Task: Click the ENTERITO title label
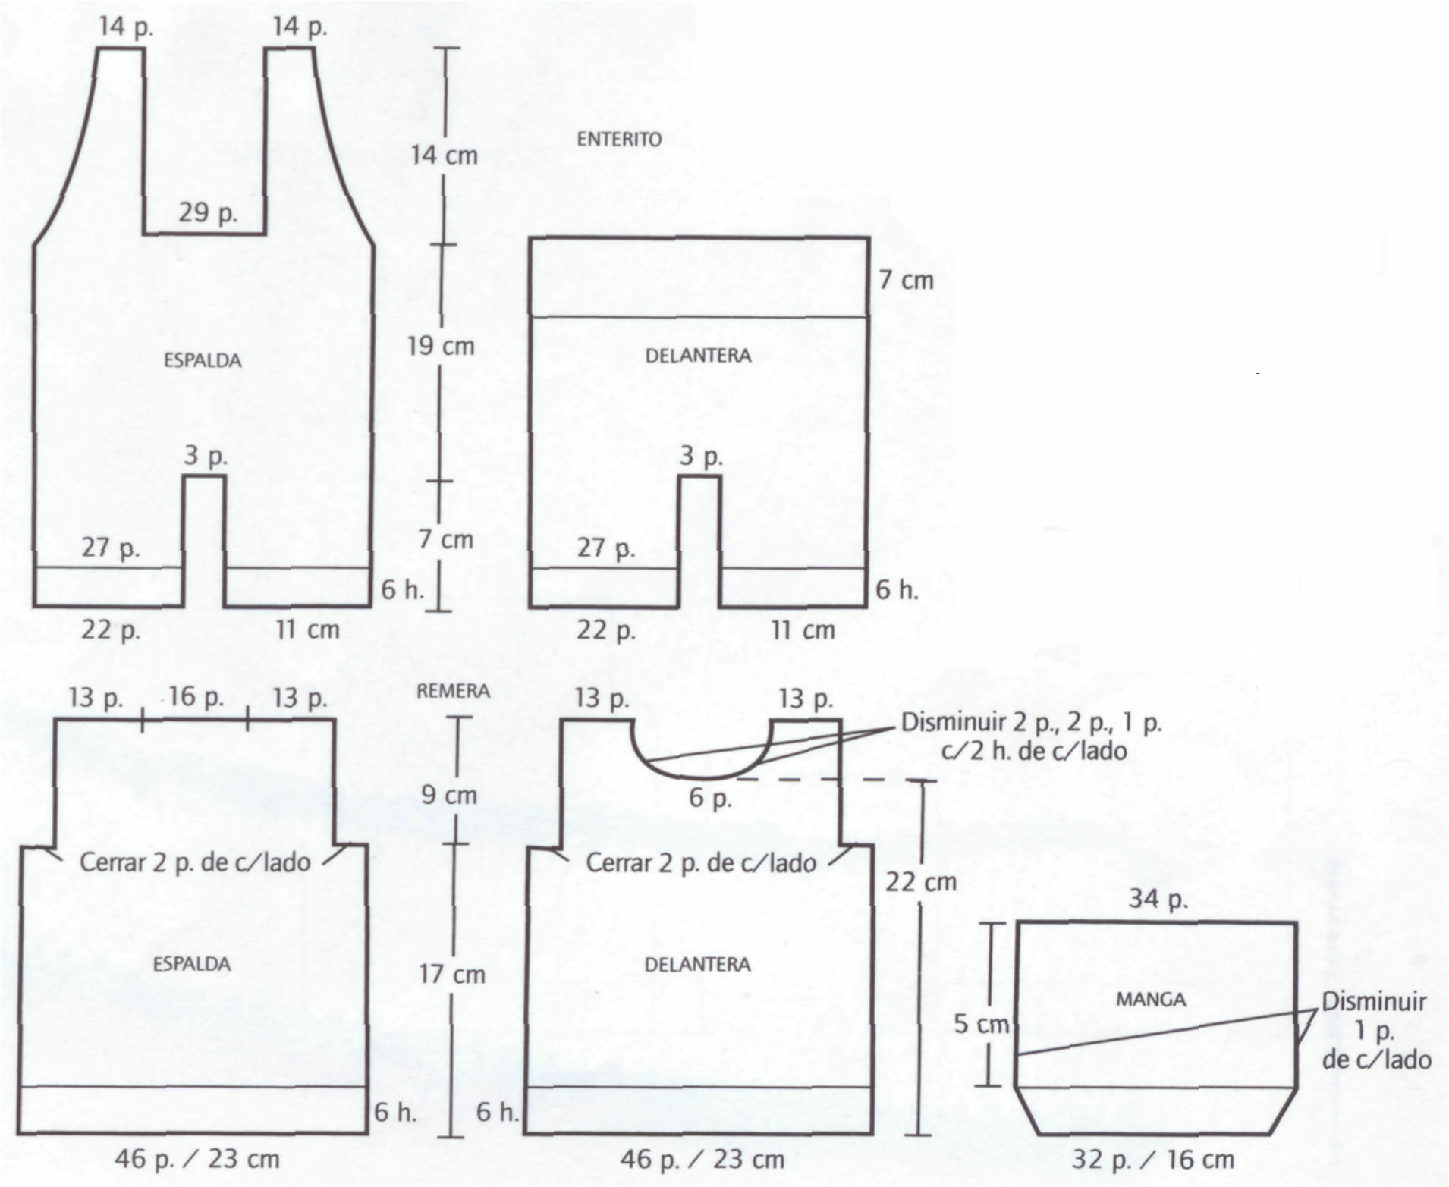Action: pyautogui.click(x=619, y=139)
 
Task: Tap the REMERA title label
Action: pyautogui.click(x=453, y=691)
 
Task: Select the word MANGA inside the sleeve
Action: pyautogui.click(x=1150, y=1000)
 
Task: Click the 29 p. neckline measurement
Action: pyautogui.click(x=208, y=212)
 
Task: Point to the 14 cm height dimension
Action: pyautogui.click(x=444, y=155)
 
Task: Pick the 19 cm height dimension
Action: pyautogui.click(x=441, y=347)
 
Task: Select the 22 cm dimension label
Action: pyautogui.click(x=921, y=882)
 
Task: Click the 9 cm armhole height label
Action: pyautogui.click(x=449, y=795)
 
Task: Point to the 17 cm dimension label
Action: pyautogui.click(x=452, y=975)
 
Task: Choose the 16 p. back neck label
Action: pyautogui.click(x=196, y=696)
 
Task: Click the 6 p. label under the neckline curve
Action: pyautogui.click(x=710, y=798)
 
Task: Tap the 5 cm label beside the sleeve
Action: pyautogui.click(x=982, y=1024)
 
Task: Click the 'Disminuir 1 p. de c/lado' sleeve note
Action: pyautogui.click(x=1375, y=1031)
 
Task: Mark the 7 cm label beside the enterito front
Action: pyautogui.click(x=907, y=280)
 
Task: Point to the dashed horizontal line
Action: pyautogui.click(x=835, y=780)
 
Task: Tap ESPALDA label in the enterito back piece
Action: pyautogui.click(x=203, y=360)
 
